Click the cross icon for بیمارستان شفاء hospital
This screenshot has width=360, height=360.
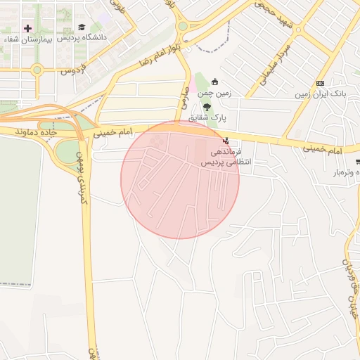tap(27, 28)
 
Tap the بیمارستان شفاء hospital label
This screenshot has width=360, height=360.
tap(21, 39)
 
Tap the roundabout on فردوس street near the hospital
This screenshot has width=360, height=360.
tap(37, 70)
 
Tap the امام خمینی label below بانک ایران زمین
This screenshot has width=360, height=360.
tap(323, 150)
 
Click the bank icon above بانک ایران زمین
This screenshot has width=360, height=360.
tap(320, 83)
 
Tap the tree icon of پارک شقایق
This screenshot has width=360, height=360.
tap(206, 107)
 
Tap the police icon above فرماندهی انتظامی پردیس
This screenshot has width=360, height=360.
tap(225, 141)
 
